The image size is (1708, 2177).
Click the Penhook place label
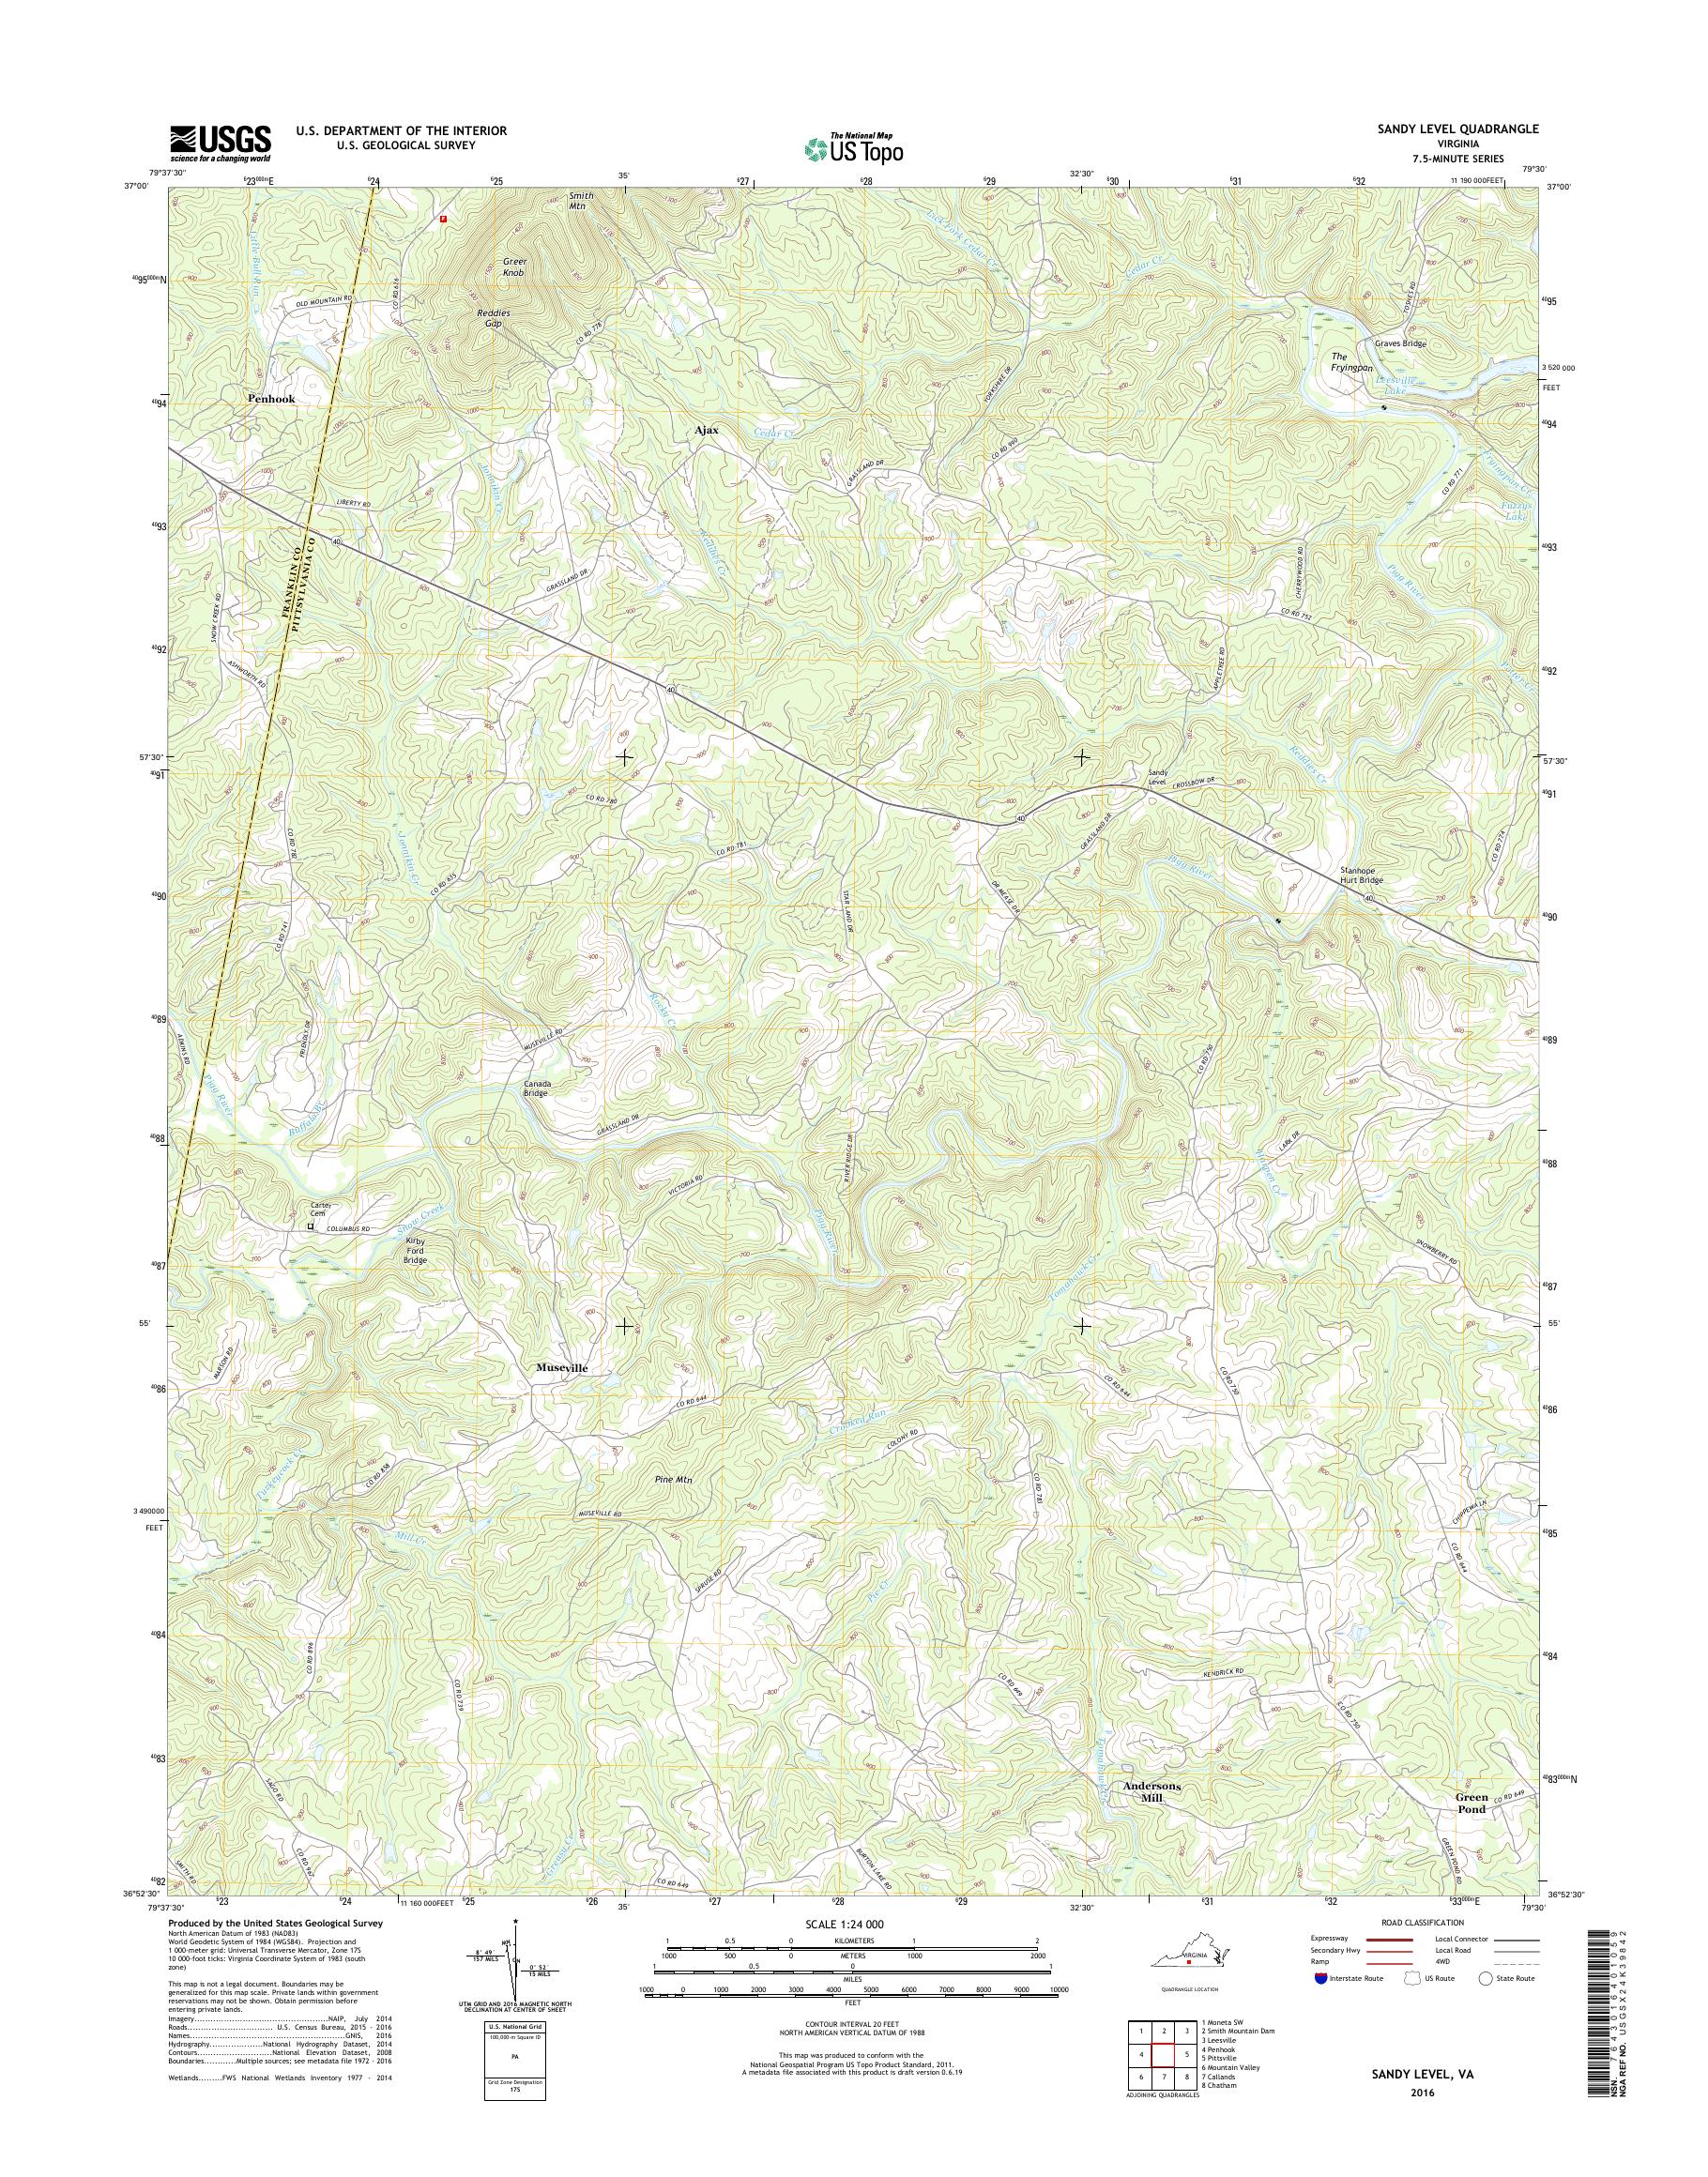pos(272,398)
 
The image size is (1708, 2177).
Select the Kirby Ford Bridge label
pos(415,1249)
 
